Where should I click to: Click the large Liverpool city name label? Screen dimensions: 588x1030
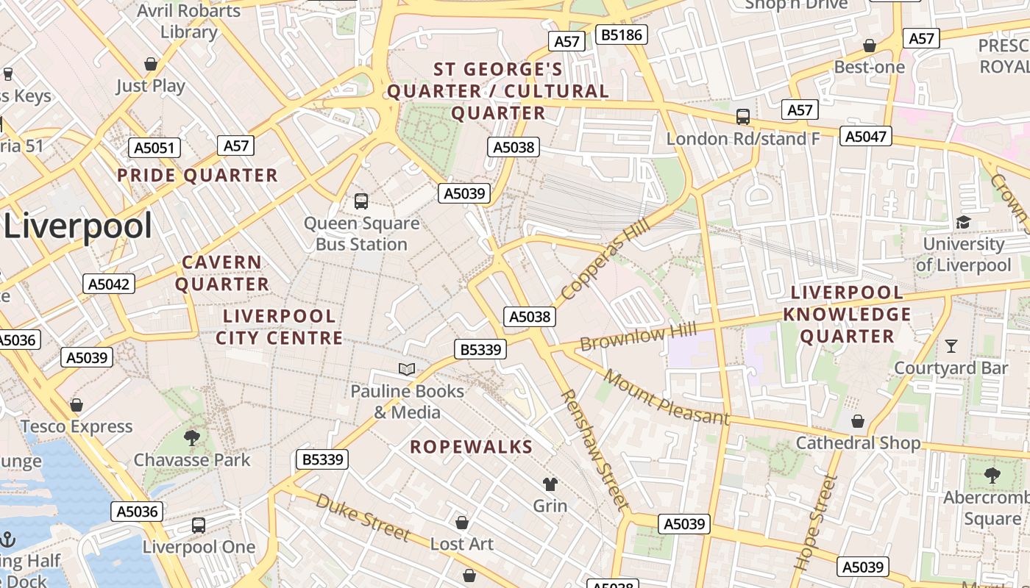78,226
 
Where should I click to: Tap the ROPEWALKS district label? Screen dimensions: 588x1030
471,447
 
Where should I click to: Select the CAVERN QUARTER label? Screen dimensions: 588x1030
222,273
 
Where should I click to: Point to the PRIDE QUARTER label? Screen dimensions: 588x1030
198,175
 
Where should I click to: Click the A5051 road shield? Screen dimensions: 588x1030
154,148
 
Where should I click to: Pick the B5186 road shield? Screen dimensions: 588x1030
621,35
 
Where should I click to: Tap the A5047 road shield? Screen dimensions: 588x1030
867,136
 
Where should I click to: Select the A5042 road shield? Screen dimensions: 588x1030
109,284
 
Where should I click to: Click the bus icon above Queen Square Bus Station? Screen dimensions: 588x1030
360,201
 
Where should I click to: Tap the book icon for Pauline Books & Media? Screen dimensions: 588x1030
407,369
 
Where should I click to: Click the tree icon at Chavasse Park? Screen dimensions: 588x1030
192,438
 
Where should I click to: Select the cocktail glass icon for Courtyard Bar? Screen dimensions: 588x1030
951,345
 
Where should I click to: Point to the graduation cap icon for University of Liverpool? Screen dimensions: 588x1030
963,222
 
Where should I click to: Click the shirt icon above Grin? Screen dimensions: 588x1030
550,484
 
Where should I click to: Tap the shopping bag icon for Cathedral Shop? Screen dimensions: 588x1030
858,421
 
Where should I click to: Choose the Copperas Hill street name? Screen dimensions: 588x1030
597,262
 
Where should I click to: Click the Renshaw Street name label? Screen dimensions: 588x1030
594,450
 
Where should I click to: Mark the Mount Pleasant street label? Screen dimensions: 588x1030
667,398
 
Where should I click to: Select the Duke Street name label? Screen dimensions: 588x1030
363,516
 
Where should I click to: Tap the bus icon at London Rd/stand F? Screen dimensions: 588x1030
743,116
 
